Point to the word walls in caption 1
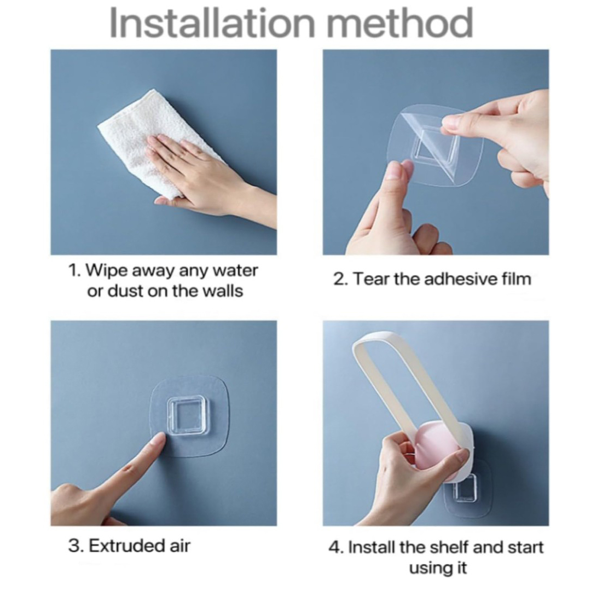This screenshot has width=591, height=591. click(x=223, y=291)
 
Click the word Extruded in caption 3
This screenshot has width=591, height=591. click(x=124, y=546)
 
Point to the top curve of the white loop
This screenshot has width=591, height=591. click(x=371, y=337)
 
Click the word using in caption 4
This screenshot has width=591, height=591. click(x=426, y=568)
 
